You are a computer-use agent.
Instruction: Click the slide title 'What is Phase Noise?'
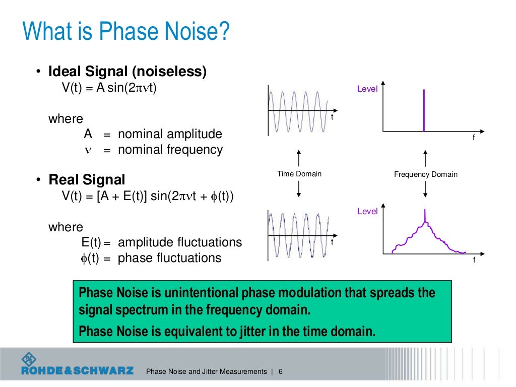126,32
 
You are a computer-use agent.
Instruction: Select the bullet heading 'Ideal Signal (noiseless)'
127,72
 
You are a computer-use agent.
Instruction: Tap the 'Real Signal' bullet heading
87,179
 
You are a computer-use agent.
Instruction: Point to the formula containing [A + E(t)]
148,196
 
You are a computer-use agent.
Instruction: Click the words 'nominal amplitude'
170,134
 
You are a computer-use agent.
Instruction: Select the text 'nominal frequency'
170,150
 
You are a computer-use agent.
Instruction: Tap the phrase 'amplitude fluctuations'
179,242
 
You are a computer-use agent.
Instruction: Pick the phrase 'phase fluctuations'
169,258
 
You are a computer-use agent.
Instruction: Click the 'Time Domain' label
299,174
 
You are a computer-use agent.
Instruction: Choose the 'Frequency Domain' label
426,174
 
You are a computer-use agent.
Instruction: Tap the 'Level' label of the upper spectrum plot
367,89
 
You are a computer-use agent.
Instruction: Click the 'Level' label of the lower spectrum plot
367,211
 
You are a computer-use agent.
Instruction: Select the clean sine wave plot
300,111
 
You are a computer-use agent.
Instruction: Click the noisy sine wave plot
299,235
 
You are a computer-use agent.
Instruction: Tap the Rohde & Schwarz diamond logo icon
29,359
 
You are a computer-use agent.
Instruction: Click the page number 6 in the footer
280,371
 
